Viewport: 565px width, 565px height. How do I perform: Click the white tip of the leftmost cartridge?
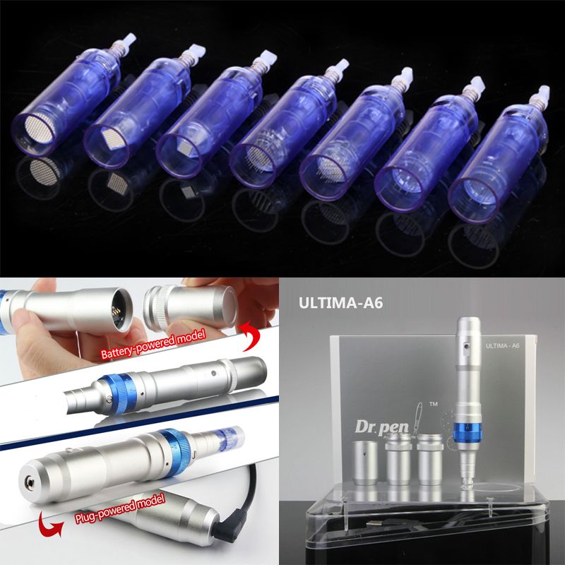[x=129, y=40]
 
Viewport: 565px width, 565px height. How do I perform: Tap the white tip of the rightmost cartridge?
[x=542, y=93]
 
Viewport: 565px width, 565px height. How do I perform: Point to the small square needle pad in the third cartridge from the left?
[x=186, y=146]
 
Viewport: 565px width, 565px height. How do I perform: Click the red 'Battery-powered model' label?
[x=153, y=344]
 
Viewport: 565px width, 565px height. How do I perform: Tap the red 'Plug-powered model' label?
[x=120, y=508]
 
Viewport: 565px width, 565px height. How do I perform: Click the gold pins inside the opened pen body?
[x=116, y=311]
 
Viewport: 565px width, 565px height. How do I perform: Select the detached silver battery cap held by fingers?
[x=190, y=307]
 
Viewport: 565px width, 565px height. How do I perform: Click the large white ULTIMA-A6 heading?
[x=340, y=303]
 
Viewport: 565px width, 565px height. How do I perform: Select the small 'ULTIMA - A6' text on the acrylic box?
[x=502, y=346]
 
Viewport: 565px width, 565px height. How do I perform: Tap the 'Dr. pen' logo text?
[x=382, y=427]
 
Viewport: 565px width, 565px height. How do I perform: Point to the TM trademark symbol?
[x=434, y=404]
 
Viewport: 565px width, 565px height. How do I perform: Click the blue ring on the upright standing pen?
[x=468, y=432]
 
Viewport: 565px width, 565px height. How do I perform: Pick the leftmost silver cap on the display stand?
[x=365, y=463]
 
